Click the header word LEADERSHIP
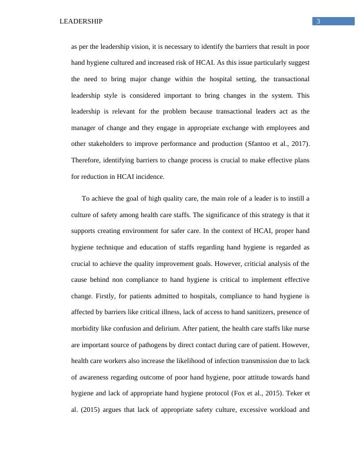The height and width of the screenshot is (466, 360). [81, 22]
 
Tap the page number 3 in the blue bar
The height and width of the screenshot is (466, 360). [318, 22]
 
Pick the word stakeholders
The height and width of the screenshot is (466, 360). [106, 144]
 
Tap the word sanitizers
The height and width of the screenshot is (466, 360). [260, 312]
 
